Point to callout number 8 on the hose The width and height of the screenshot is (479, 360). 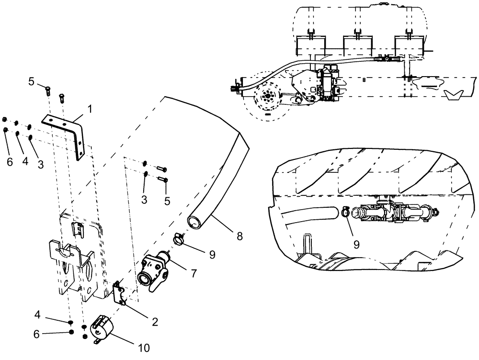(x=239, y=236)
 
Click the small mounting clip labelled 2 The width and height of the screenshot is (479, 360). (x=119, y=293)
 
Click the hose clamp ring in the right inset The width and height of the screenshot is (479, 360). (x=346, y=211)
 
